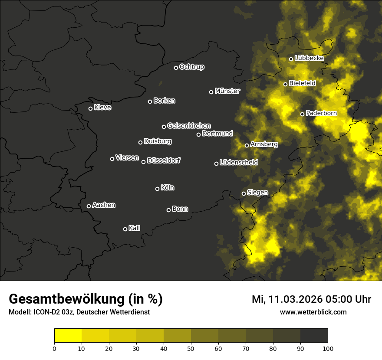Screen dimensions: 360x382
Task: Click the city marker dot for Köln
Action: coord(157,189)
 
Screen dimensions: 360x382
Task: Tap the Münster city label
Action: coord(227,91)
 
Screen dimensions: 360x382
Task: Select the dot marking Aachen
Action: coord(89,206)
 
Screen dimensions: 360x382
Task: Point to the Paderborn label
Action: coord(321,113)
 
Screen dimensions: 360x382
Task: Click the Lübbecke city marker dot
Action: coord(291,59)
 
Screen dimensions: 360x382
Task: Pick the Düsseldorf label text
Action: coord(164,160)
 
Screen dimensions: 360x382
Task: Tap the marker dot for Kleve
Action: coord(90,108)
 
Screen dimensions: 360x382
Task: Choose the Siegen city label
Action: coord(257,193)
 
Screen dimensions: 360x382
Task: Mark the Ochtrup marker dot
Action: coord(176,68)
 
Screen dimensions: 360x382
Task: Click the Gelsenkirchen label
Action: coord(189,126)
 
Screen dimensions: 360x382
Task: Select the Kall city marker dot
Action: coord(125,229)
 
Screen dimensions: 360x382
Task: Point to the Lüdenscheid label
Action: coord(239,163)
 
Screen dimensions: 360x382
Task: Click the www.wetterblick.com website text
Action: coord(313,312)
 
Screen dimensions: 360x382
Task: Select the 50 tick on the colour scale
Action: coord(191,348)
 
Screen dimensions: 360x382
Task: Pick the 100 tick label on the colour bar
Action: coord(328,348)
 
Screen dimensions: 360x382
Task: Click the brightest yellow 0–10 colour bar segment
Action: coord(68,336)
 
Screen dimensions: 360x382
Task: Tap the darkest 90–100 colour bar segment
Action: coord(314,336)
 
